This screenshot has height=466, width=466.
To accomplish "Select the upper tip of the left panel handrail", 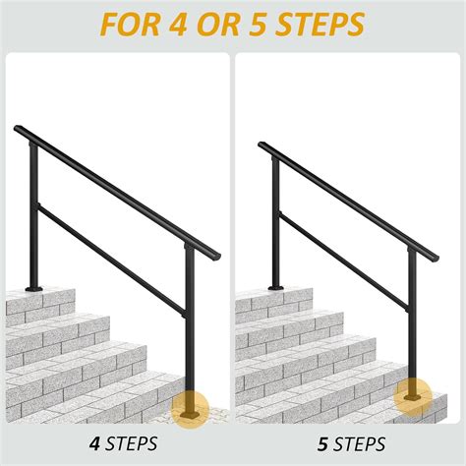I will click(x=17, y=129).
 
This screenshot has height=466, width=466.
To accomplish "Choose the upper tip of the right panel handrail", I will click(x=262, y=146).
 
